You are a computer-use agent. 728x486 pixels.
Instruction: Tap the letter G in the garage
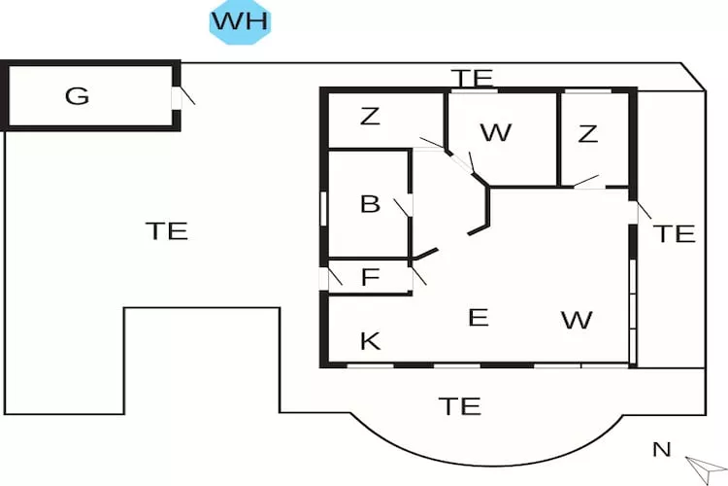(x=77, y=96)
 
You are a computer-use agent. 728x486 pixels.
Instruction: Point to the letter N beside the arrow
(x=661, y=449)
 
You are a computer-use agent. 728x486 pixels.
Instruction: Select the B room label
(x=369, y=204)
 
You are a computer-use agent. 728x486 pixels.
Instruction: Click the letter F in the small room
(x=369, y=277)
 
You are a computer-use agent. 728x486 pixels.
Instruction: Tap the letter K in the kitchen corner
(x=369, y=340)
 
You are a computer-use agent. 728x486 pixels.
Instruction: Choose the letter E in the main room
(x=478, y=317)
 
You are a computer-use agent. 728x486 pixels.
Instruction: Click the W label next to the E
(x=577, y=320)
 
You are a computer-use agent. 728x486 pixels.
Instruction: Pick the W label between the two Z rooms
(x=495, y=133)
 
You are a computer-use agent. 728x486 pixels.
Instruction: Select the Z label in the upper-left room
(x=369, y=117)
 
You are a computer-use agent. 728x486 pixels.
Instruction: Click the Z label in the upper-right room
(x=587, y=134)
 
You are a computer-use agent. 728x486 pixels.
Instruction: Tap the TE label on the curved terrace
(x=459, y=405)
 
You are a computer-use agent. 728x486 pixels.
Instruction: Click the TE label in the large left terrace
(x=166, y=230)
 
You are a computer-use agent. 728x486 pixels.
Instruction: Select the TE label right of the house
(x=674, y=233)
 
